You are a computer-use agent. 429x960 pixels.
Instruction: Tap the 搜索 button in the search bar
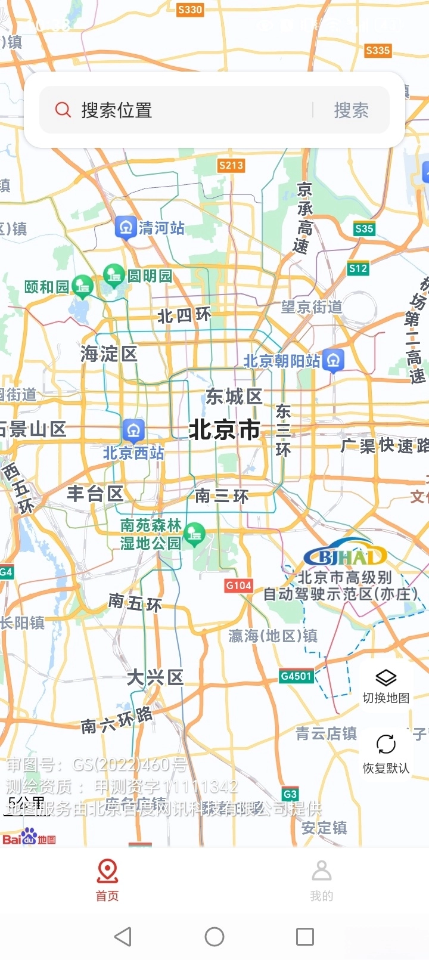click(x=350, y=110)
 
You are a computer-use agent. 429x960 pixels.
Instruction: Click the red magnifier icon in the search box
click(x=63, y=110)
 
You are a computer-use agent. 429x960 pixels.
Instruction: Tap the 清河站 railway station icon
click(x=126, y=227)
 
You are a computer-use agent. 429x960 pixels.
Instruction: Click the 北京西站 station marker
click(x=133, y=430)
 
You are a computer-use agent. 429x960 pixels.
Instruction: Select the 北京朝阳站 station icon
click(x=333, y=360)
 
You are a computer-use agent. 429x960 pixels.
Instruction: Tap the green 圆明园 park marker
click(x=113, y=275)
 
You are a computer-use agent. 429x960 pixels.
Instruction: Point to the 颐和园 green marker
click(x=82, y=287)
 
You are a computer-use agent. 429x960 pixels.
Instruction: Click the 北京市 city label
click(x=224, y=429)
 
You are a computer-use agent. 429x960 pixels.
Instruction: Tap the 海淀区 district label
click(x=109, y=354)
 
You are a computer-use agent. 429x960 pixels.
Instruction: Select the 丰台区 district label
click(x=95, y=494)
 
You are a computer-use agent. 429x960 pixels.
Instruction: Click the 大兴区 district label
click(x=155, y=677)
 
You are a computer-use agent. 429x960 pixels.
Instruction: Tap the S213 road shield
click(x=231, y=165)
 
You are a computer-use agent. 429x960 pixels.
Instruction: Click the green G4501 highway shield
click(x=296, y=676)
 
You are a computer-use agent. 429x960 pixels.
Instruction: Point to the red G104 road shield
click(x=238, y=586)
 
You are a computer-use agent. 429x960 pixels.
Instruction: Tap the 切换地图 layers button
click(x=386, y=686)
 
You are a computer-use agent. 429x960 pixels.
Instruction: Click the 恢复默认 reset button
click(x=386, y=752)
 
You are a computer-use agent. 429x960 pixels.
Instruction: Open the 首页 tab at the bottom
click(x=107, y=880)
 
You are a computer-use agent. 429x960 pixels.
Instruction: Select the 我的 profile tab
click(x=322, y=880)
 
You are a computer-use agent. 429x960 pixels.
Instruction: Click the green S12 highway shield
click(x=358, y=268)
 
